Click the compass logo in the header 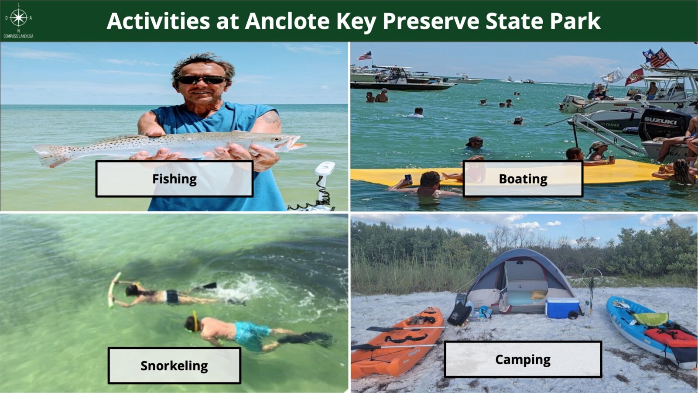click(x=18, y=18)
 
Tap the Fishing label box click(x=174, y=179)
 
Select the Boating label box click(x=523, y=179)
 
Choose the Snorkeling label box click(x=174, y=365)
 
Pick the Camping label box click(x=523, y=359)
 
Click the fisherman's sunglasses click(x=202, y=80)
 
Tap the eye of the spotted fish click(x=275, y=139)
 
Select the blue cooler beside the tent click(x=562, y=308)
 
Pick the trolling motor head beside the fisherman click(x=325, y=169)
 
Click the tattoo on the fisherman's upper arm click(x=271, y=118)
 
